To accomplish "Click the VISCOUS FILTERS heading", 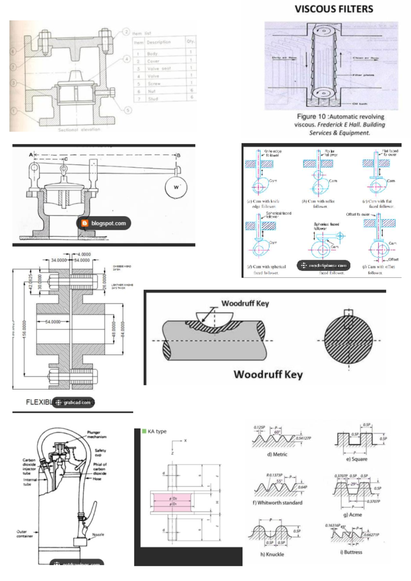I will (x=334, y=9).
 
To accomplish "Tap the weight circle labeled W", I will (x=176, y=187).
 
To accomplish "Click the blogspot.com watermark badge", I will (x=104, y=223).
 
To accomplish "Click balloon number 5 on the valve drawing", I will (x=128, y=110).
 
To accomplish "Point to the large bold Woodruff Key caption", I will (x=268, y=374).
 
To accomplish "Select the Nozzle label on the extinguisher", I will (x=98, y=534).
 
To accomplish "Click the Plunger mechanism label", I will (x=97, y=434).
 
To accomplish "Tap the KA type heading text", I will (x=157, y=431).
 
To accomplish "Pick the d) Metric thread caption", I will (x=277, y=454).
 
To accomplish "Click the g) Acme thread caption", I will (x=352, y=515).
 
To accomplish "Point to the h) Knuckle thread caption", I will (x=272, y=554).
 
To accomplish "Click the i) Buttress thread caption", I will (x=351, y=552).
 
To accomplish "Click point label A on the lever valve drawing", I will (x=31, y=155).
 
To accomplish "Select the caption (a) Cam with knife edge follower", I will (x=263, y=204).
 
